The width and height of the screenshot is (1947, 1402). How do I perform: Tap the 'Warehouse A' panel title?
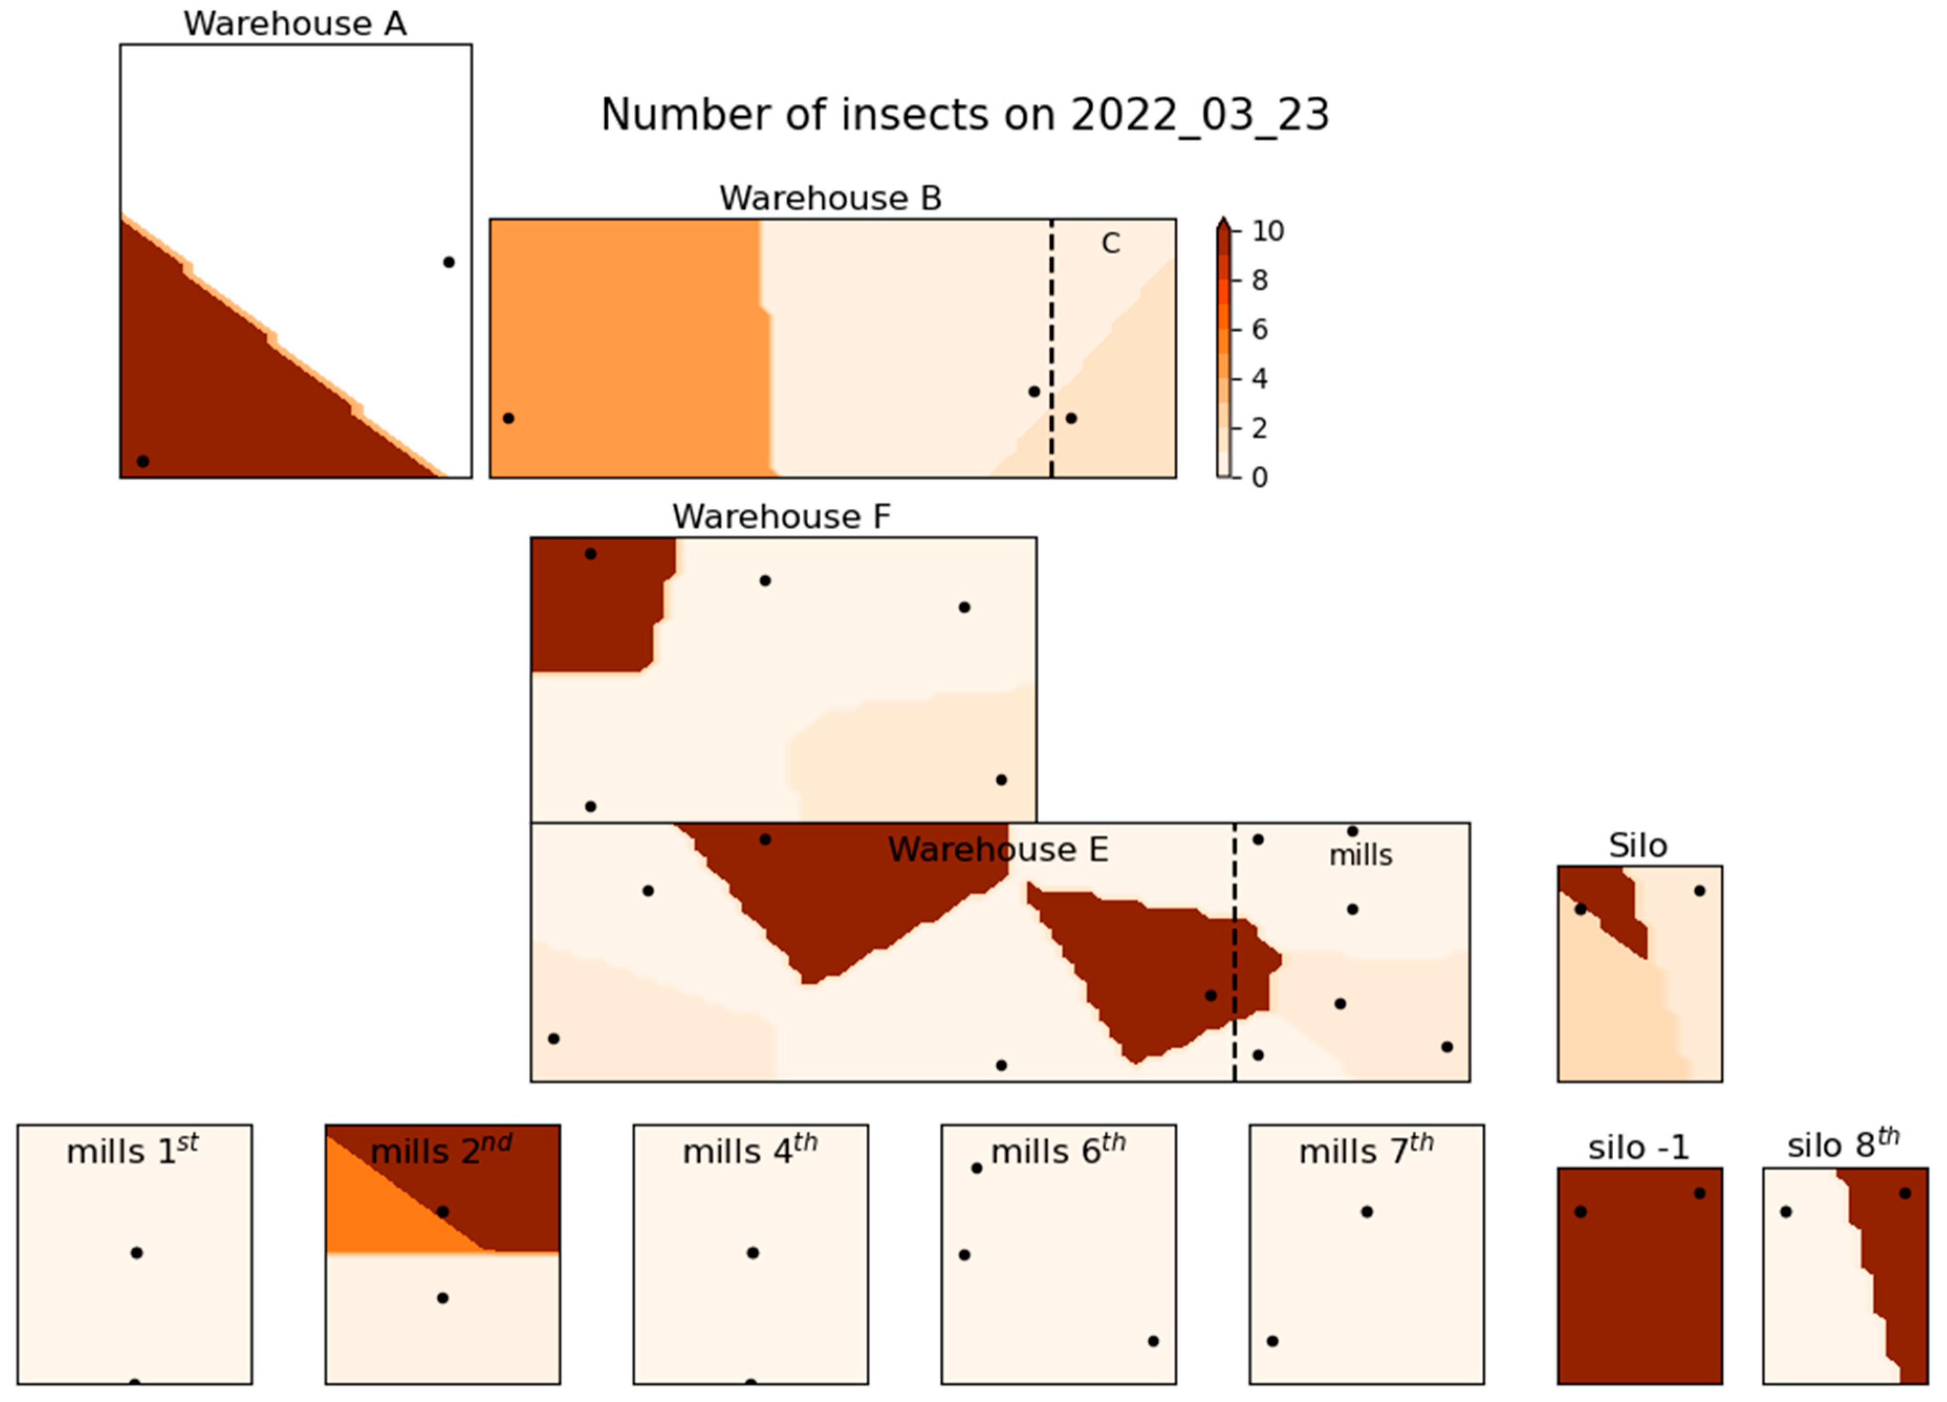(x=295, y=24)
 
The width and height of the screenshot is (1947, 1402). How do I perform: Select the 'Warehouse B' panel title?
(x=830, y=198)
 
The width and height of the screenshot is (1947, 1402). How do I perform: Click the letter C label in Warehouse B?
(x=1110, y=244)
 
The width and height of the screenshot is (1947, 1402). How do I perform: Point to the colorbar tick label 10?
(x=1267, y=231)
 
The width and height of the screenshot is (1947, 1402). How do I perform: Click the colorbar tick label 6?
(x=1259, y=330)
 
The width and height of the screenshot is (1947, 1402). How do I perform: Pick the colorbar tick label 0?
(x=1259, y=477)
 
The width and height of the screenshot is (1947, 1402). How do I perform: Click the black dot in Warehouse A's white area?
(x=448, y=262)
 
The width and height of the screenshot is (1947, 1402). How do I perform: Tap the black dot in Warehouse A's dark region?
(x=143, y=461)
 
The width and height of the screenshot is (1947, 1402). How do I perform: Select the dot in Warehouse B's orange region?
(x=508, y=418)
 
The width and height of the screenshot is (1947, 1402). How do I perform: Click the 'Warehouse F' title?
(x=781, y=517)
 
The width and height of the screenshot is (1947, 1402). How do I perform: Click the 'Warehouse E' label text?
(x=997, y=850)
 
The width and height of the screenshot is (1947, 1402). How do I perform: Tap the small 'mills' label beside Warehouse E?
(x=1361, y=855)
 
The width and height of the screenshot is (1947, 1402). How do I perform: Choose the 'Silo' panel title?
(x=1638, y=846)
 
